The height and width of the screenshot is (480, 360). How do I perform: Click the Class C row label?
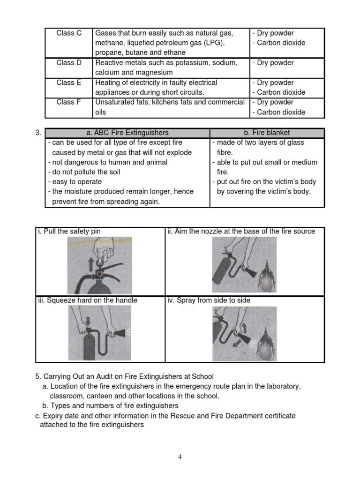[x=69, y=33]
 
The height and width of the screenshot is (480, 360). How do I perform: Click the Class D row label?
[x=69, y=63]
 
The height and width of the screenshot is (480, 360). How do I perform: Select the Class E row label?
[x=69, y=82]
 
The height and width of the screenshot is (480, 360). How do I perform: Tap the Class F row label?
[x=69, y=102]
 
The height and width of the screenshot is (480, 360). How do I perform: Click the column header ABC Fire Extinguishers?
[x=127, y=133]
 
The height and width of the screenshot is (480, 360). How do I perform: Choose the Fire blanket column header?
[x=267, y=133]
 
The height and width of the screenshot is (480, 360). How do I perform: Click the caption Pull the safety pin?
[x=69, y=231]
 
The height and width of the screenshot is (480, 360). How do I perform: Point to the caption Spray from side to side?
[x=209, y=300]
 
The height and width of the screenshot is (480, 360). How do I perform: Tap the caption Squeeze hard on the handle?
[x=88, y=300]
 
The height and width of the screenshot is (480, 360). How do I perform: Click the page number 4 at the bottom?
[x=180, y=457]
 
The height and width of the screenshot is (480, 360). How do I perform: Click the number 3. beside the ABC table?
[x=39, y=133]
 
